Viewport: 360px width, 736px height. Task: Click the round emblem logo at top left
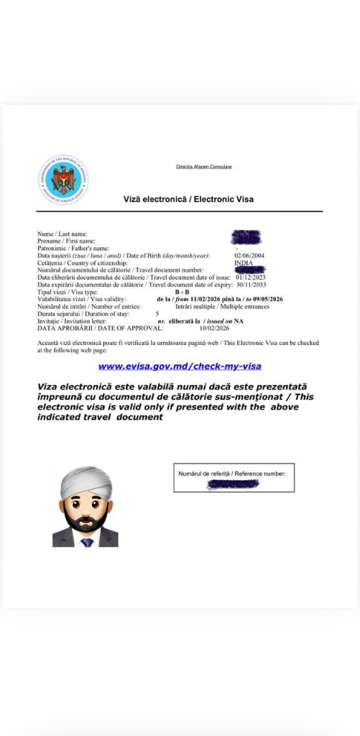click(63, 180)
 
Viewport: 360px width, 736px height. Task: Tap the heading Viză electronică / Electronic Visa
click(188, 199)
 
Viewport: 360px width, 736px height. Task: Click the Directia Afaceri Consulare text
click(203, 167)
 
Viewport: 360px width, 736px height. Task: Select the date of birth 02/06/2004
click(249, 256)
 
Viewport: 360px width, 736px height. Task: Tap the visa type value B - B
click(182, 292)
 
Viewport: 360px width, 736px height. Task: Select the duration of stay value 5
click(157, 313)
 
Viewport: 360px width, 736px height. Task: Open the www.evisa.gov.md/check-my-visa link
click(180, 367)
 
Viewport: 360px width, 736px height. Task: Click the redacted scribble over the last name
click(246, 237)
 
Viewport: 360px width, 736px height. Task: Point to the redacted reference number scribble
click(233, 485)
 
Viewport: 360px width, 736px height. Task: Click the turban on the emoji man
click(86, 481)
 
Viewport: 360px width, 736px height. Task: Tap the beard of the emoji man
click(86, 520)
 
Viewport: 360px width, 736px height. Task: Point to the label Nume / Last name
click(63, 234)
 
